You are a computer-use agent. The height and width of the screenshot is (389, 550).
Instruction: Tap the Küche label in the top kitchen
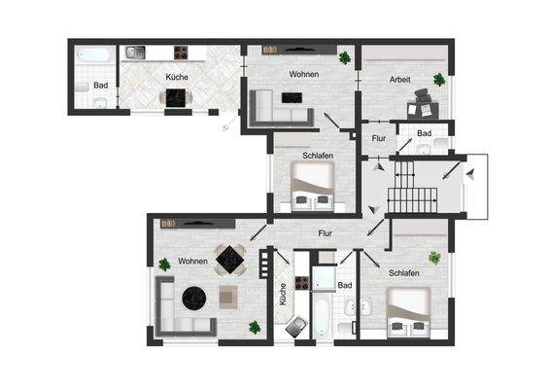pyautogui.click(x=177, y=76)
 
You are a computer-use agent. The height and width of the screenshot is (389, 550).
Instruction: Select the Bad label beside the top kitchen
pyautogui.click(x=100, y=85)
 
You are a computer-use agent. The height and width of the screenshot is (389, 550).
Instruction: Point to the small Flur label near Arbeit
pyautogui.click(x=379, y=139)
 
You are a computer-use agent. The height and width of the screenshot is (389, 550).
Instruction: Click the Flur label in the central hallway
pyautogui.click(x=327, y=232)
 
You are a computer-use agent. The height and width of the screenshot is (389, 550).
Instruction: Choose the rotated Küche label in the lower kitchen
pyautogui.click(x=283, y=295)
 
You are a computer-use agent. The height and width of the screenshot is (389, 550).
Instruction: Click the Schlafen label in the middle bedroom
pyautogui.click(x=318, y=156)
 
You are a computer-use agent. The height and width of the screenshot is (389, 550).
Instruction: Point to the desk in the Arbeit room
pyautogui.click(x=425, y=95)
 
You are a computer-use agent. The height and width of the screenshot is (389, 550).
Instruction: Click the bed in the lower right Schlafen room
pyautogui.click(x=406, y=311)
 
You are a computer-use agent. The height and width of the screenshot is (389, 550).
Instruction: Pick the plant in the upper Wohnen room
pyautogui.click(x=344, y=58)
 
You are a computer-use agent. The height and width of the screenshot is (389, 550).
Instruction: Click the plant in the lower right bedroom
pyautogui.click(x=435, y=258)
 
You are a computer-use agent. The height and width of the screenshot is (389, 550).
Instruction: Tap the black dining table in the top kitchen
pyautogui.click(x=177, y=96)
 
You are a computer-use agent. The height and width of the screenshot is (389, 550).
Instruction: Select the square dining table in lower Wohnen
pyautogui.click(x=230, y=259)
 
